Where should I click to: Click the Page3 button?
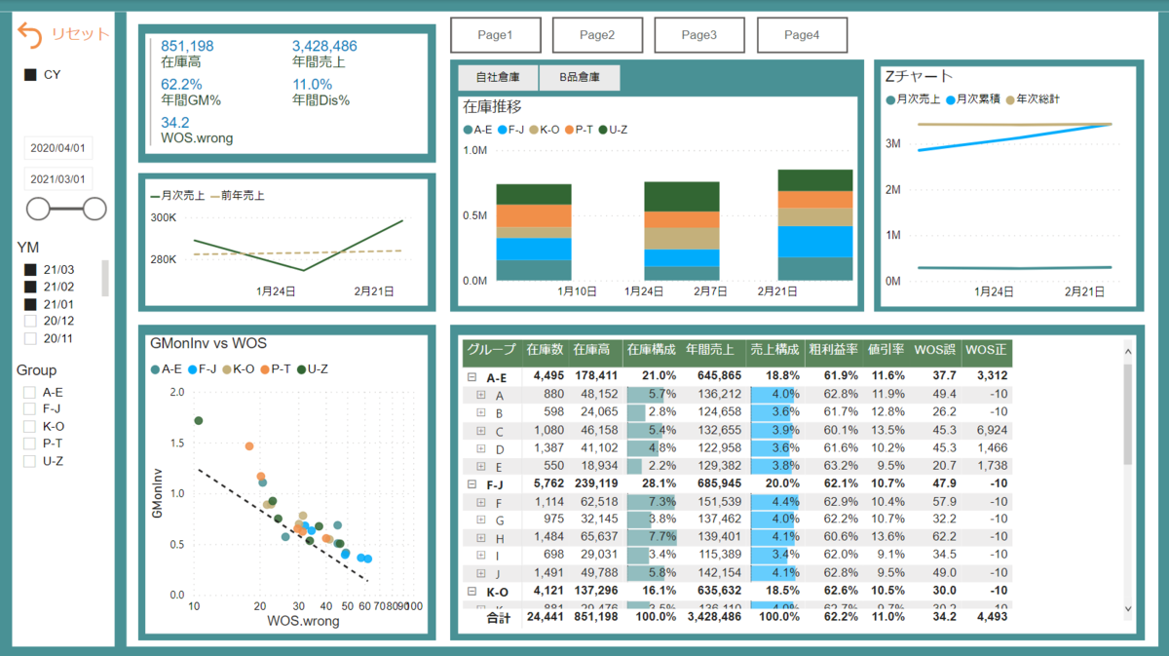tap(698, 35)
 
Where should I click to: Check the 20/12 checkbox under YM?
tap(30, 321)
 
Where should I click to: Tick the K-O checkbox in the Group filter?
tap(30, 426)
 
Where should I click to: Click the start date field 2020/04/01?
tap(58, 149)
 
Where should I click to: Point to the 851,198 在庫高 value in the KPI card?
tap(187, 46)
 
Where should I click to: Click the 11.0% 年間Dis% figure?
tap(312, 84)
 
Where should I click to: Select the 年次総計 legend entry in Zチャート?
tap(1038, 98)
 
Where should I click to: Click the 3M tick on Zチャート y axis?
tap(891, 143)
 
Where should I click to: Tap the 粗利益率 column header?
tap(833, 350)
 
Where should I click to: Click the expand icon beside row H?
tap(480, 538)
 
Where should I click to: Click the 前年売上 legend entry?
tap(238, 196)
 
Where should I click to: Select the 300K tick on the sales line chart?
tap(163, 218)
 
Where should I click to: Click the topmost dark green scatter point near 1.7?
tap(199, 421)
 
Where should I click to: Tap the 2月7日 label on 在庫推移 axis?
tap(710, 290)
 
